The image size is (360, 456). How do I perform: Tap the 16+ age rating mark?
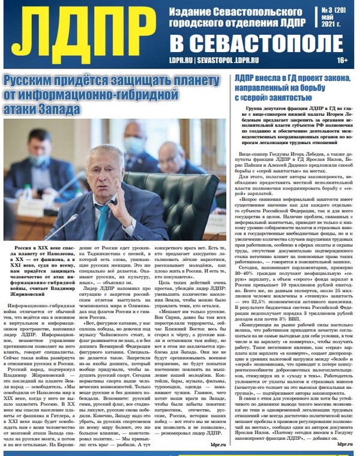click(343, 60)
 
